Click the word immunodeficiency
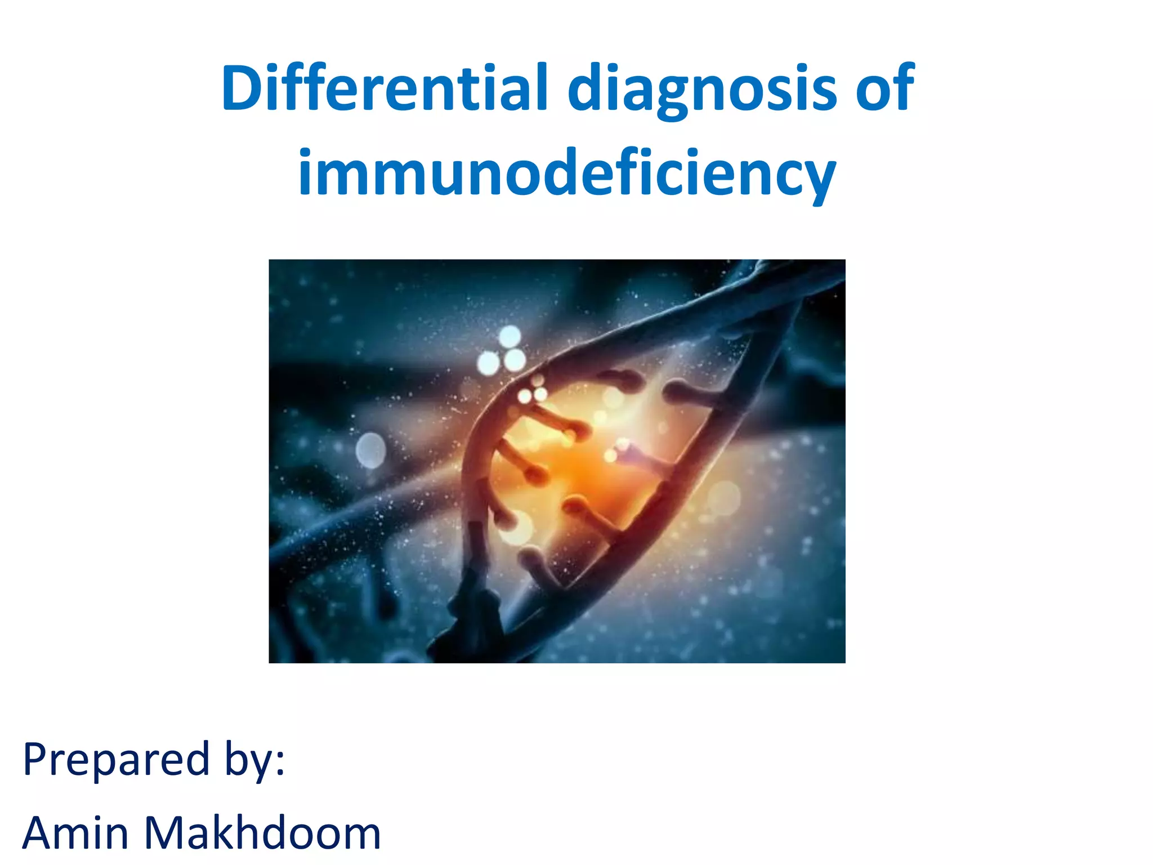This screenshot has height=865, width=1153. click(567, 173)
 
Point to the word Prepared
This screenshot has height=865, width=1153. click(116, 760)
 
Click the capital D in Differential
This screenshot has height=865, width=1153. click(244, 88)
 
